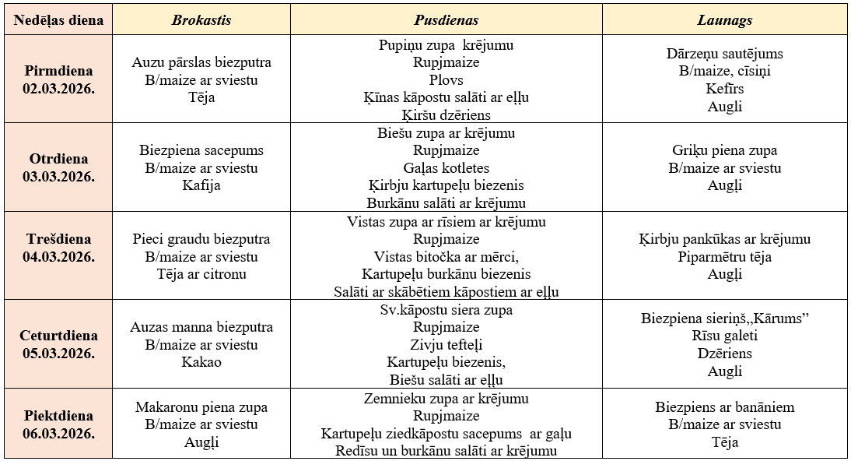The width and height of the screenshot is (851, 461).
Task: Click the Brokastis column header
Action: point(201,20)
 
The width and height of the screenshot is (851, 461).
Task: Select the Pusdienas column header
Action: point(446,20)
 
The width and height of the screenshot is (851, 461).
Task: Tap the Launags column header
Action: point(724,20)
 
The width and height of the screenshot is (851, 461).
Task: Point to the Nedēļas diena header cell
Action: point(58,20)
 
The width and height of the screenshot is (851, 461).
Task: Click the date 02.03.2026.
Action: point(58,87)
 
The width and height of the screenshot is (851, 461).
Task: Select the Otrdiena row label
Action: point(58,159)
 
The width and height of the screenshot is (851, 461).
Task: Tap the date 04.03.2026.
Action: point(58,256)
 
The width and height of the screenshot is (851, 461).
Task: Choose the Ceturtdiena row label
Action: point(58,336)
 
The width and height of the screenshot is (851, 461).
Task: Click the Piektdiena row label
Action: point(58,416)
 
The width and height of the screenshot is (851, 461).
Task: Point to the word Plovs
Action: point(446,80)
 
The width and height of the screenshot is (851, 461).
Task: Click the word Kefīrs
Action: point(724,89)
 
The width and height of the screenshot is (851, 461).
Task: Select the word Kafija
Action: point(201,185)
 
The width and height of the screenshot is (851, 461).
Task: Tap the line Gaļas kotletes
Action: point(446,168)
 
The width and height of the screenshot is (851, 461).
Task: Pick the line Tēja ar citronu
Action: point(201,274)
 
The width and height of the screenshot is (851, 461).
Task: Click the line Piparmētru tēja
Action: point(724,257)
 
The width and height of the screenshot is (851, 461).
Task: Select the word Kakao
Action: point(201,362)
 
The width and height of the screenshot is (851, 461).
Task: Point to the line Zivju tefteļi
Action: point(446,345)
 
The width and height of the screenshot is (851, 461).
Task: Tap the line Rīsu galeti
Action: point(724,336)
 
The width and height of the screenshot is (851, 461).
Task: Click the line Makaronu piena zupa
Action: point(201,407)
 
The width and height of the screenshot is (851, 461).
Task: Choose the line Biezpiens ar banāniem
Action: point(724,407)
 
